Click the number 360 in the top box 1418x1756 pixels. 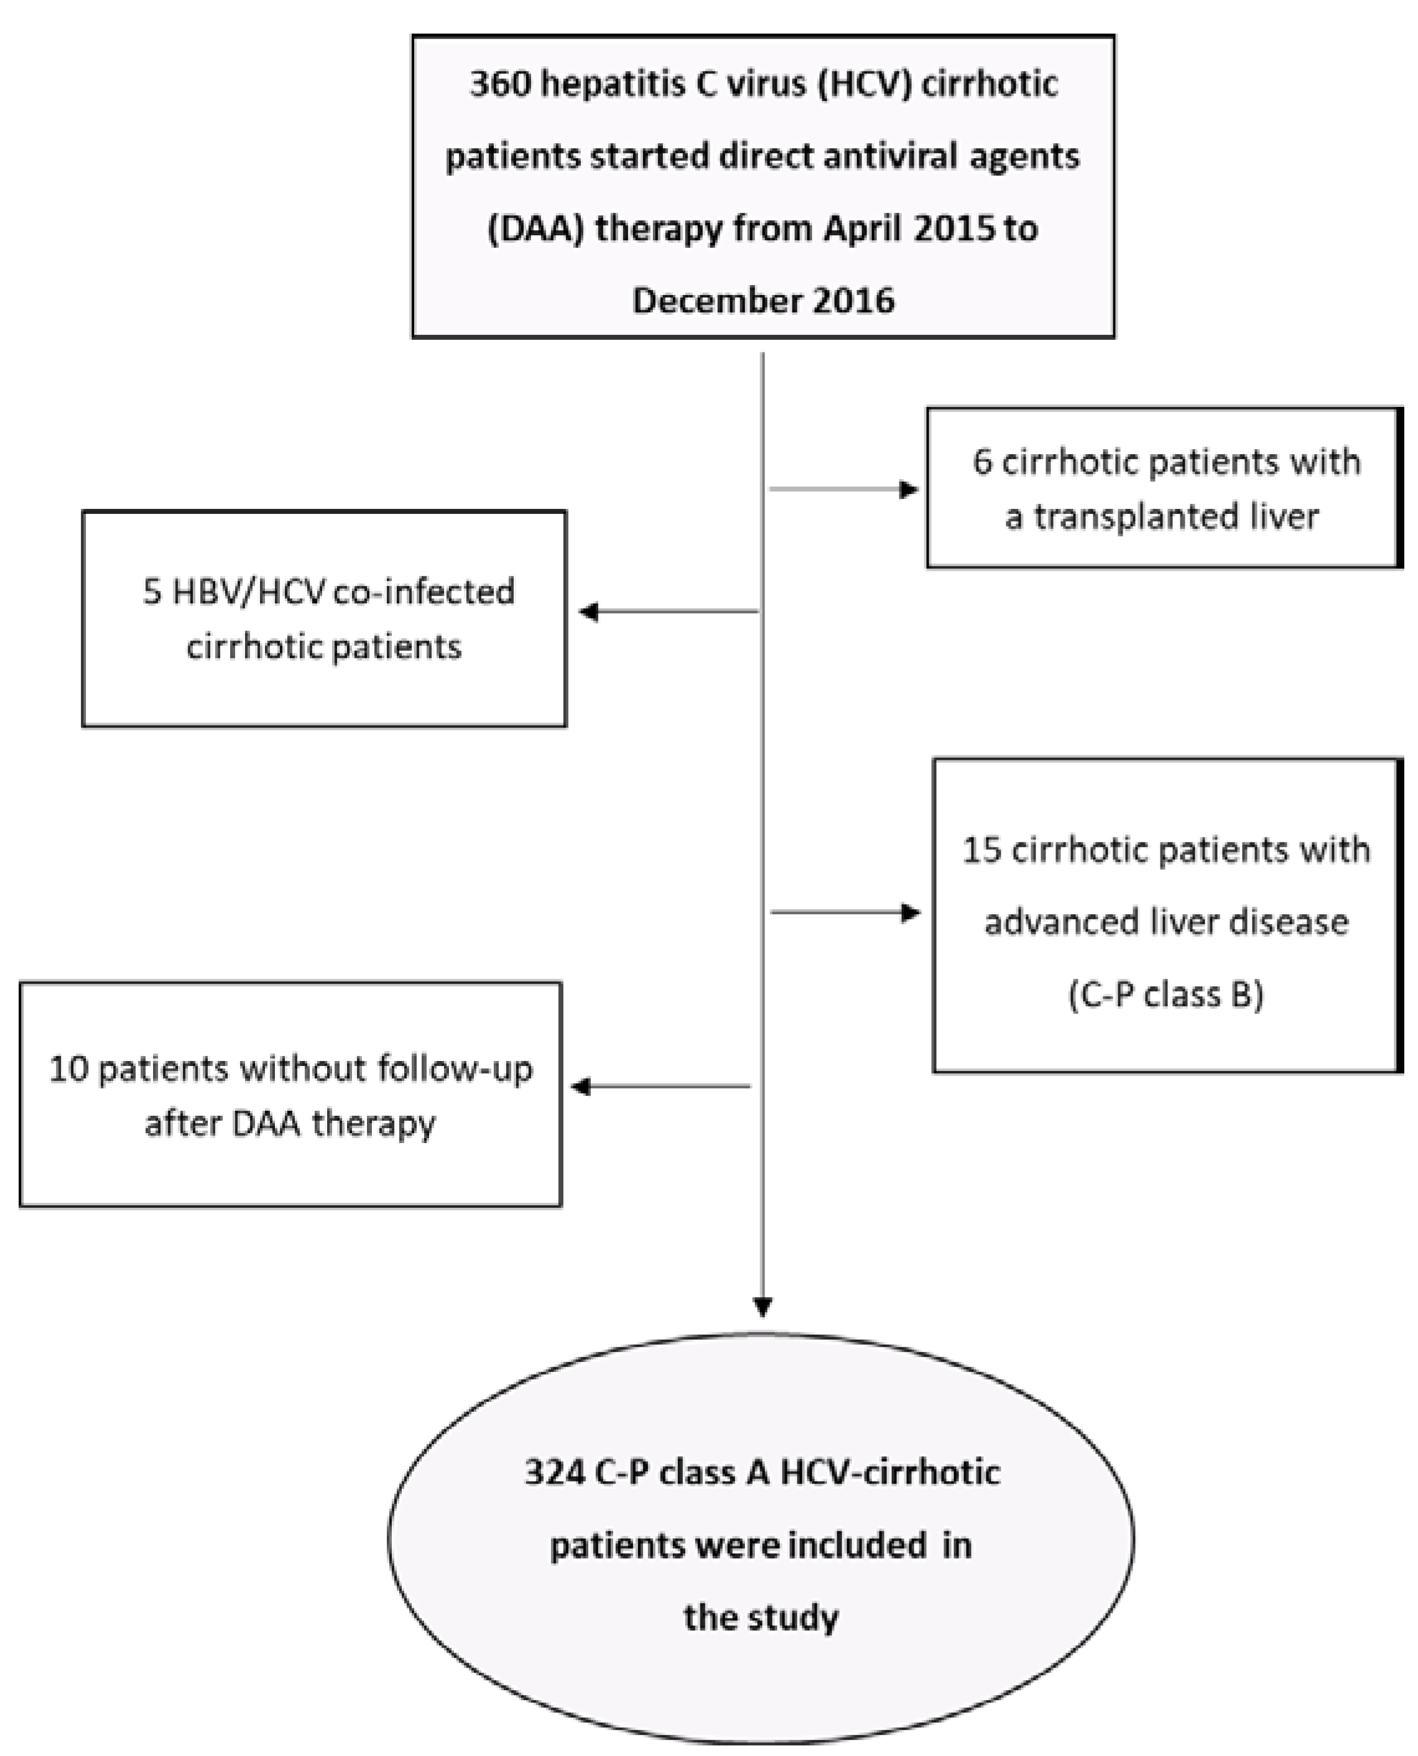(x=500, y=84)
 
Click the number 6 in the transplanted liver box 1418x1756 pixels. (x=982, y=462)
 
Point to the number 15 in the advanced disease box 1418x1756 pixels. (x=981, y=851)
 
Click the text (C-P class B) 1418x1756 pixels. (x=1165, y=994)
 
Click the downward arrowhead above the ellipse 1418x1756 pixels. (x=762, y=1307)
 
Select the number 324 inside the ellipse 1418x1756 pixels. (x=555, y=1472)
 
